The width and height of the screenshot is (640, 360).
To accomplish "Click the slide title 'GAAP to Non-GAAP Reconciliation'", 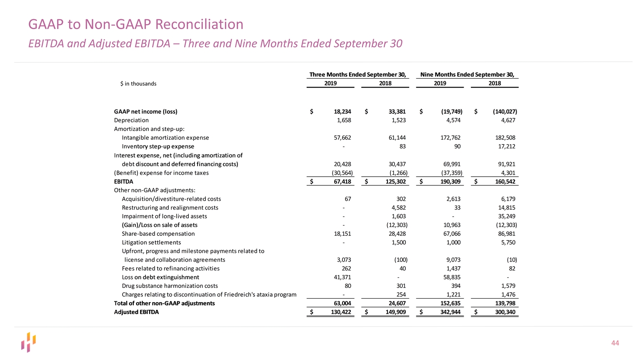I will pos(135,24).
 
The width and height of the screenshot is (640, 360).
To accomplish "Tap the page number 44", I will pos(615,343).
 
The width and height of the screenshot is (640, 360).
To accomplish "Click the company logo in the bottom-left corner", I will pos(28,342).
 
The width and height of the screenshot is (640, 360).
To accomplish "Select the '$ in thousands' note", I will pos(138,84).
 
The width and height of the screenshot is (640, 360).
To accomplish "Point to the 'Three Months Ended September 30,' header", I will pos(357,75).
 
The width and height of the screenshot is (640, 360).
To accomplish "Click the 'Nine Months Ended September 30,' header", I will pos(467,75).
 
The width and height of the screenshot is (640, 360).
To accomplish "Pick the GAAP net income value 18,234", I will pos(342,112).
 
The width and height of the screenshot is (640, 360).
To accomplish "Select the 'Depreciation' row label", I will pos(131,120).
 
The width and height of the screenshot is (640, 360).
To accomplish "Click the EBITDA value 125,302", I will pos(396,182).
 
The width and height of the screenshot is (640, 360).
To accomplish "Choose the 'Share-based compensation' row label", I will pos(158,234).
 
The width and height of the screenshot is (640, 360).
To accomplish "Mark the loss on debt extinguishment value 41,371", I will pos(340,277).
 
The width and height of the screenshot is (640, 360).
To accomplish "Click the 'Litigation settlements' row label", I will pos(151,242).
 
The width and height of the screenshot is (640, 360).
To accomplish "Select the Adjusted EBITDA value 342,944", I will pos(450,312).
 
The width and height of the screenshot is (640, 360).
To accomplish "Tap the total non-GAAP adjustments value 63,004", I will pos(342,303).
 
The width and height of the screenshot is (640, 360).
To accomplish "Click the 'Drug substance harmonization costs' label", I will pos(170,286).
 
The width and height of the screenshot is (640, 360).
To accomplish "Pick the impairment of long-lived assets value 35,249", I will pos(505,216).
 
